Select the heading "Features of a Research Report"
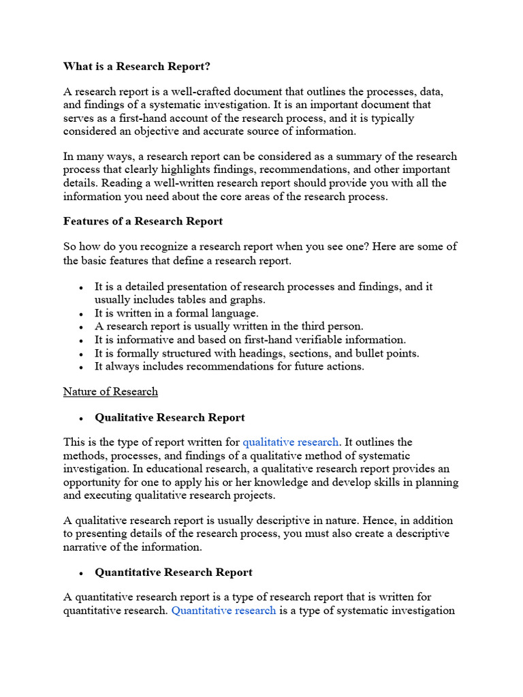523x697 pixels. (143, 221)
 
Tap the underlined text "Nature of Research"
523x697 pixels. (110, 391)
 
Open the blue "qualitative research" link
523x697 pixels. (290, 442)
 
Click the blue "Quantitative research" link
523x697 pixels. (223, 611)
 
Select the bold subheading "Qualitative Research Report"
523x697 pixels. (170, 417)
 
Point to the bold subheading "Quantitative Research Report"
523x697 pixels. (174, 572)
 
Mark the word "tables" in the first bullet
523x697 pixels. (193, 300)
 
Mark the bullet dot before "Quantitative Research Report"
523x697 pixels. (82, 573)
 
